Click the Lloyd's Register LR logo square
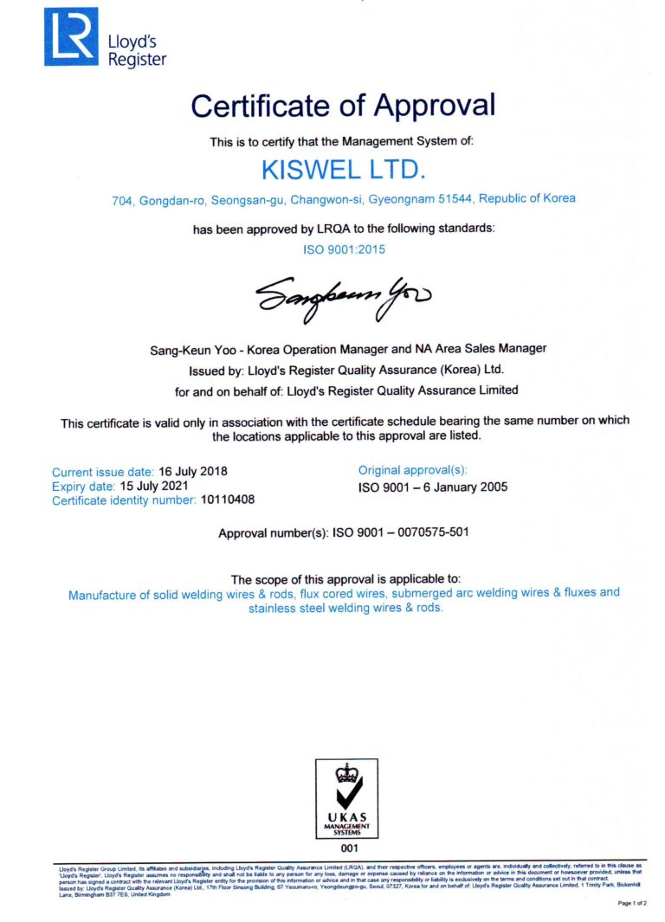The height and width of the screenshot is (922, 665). [x=71, y=36]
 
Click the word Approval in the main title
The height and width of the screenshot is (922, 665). [x=436, y=106]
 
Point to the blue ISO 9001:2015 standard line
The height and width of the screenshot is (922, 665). [x=343, y=248]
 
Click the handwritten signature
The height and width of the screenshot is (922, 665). [x=343, y=297]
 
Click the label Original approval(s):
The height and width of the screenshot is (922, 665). [x=413, y=470]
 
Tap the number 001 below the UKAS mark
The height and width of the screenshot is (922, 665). [x=347, y=848]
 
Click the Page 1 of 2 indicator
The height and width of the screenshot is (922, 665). [x=629, y=904]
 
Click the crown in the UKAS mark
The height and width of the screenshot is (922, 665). [x=346, y=770]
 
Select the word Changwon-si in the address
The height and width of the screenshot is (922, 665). [x=326, y=199]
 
